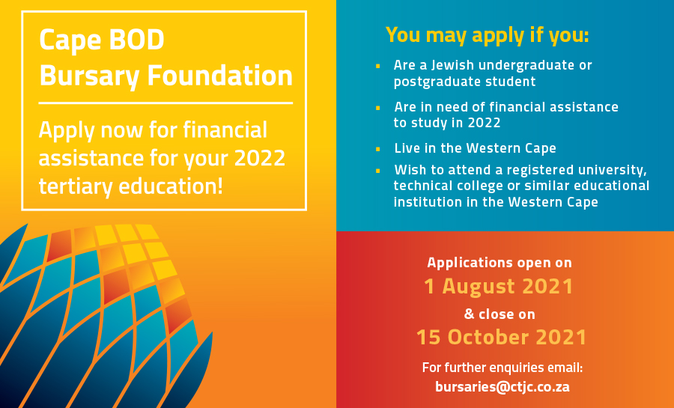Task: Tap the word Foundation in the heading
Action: tap(220, 76)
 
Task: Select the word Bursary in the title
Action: tap(89, 77)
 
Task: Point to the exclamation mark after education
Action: tap(220, 186)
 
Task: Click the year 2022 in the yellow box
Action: tap(260, 158)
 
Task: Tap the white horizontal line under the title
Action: tap(166, 103)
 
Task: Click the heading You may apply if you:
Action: tap(487, 34)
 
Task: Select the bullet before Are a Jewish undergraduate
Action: tap(378, 66)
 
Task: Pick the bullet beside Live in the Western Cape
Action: tap(378, 149)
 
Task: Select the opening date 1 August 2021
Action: tap(499, 287)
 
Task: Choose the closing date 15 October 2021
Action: tap(501, 337)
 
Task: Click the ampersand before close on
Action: tap(470, 314)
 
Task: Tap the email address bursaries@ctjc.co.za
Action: tap(502, 387)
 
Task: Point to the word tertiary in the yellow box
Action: tap(76, 186)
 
